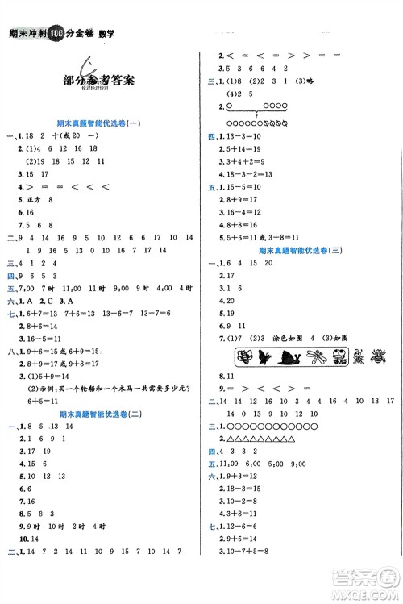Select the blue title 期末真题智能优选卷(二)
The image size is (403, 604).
coord(100,414)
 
